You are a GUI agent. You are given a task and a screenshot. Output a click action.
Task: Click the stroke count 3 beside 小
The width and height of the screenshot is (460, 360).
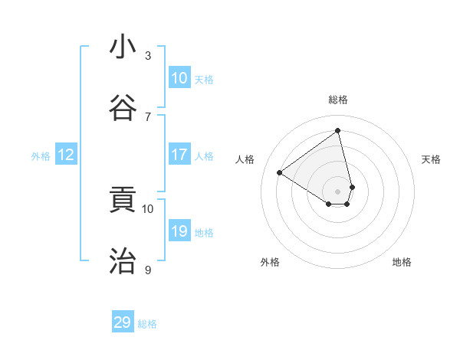coord(148,55)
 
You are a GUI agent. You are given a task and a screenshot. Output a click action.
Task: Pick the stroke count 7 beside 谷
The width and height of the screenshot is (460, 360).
coord(148,116)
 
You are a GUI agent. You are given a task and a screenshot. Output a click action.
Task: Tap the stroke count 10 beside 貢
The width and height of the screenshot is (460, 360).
coord(148,208)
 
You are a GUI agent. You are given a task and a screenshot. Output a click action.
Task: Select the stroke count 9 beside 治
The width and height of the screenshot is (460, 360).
coord(148,269)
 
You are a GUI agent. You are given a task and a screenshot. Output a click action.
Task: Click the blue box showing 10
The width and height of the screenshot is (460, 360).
coord(179,78)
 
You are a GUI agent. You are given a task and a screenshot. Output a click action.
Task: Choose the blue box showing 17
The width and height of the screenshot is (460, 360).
coord(179,155)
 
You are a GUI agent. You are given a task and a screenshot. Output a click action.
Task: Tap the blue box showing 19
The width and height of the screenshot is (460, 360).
coord(179,231)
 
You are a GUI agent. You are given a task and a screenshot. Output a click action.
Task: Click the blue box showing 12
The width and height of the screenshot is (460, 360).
coord(66,155)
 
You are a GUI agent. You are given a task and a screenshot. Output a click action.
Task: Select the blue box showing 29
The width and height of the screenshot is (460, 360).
coord(123,322)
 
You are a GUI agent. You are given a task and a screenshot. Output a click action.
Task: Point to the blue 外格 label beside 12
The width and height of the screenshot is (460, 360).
coord(41,156)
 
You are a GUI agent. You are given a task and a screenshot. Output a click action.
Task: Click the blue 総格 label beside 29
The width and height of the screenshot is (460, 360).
coord(147,324)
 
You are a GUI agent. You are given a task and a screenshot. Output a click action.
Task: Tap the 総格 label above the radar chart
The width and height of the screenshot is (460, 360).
coord(338,100)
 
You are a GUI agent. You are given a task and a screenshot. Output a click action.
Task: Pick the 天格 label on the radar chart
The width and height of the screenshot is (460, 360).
coord(431,159)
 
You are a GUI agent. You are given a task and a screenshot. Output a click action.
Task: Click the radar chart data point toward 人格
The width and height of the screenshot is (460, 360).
coord(280,172)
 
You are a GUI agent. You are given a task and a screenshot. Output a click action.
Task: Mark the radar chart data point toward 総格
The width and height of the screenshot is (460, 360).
coord(338,131)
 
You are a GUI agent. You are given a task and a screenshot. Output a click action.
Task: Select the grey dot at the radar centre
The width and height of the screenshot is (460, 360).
coord(338,191)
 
